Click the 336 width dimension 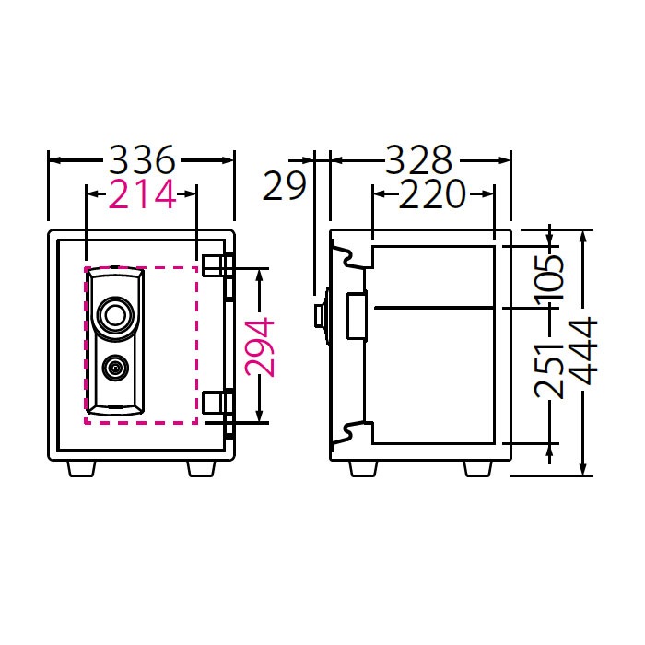(x=141, y=160)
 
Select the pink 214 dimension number (x=141, y=194)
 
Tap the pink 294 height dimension (x=262, y=346)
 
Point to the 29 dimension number (x=285, y=186)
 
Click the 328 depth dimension (x=418, y=160)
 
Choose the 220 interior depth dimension (x=432, y=194)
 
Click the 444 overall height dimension (x=584, y=351)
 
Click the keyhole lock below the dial (x=115, y=369)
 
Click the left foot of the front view (x=81, y=468)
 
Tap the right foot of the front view (x=202, y=468)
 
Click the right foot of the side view (x=477, y=468)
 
